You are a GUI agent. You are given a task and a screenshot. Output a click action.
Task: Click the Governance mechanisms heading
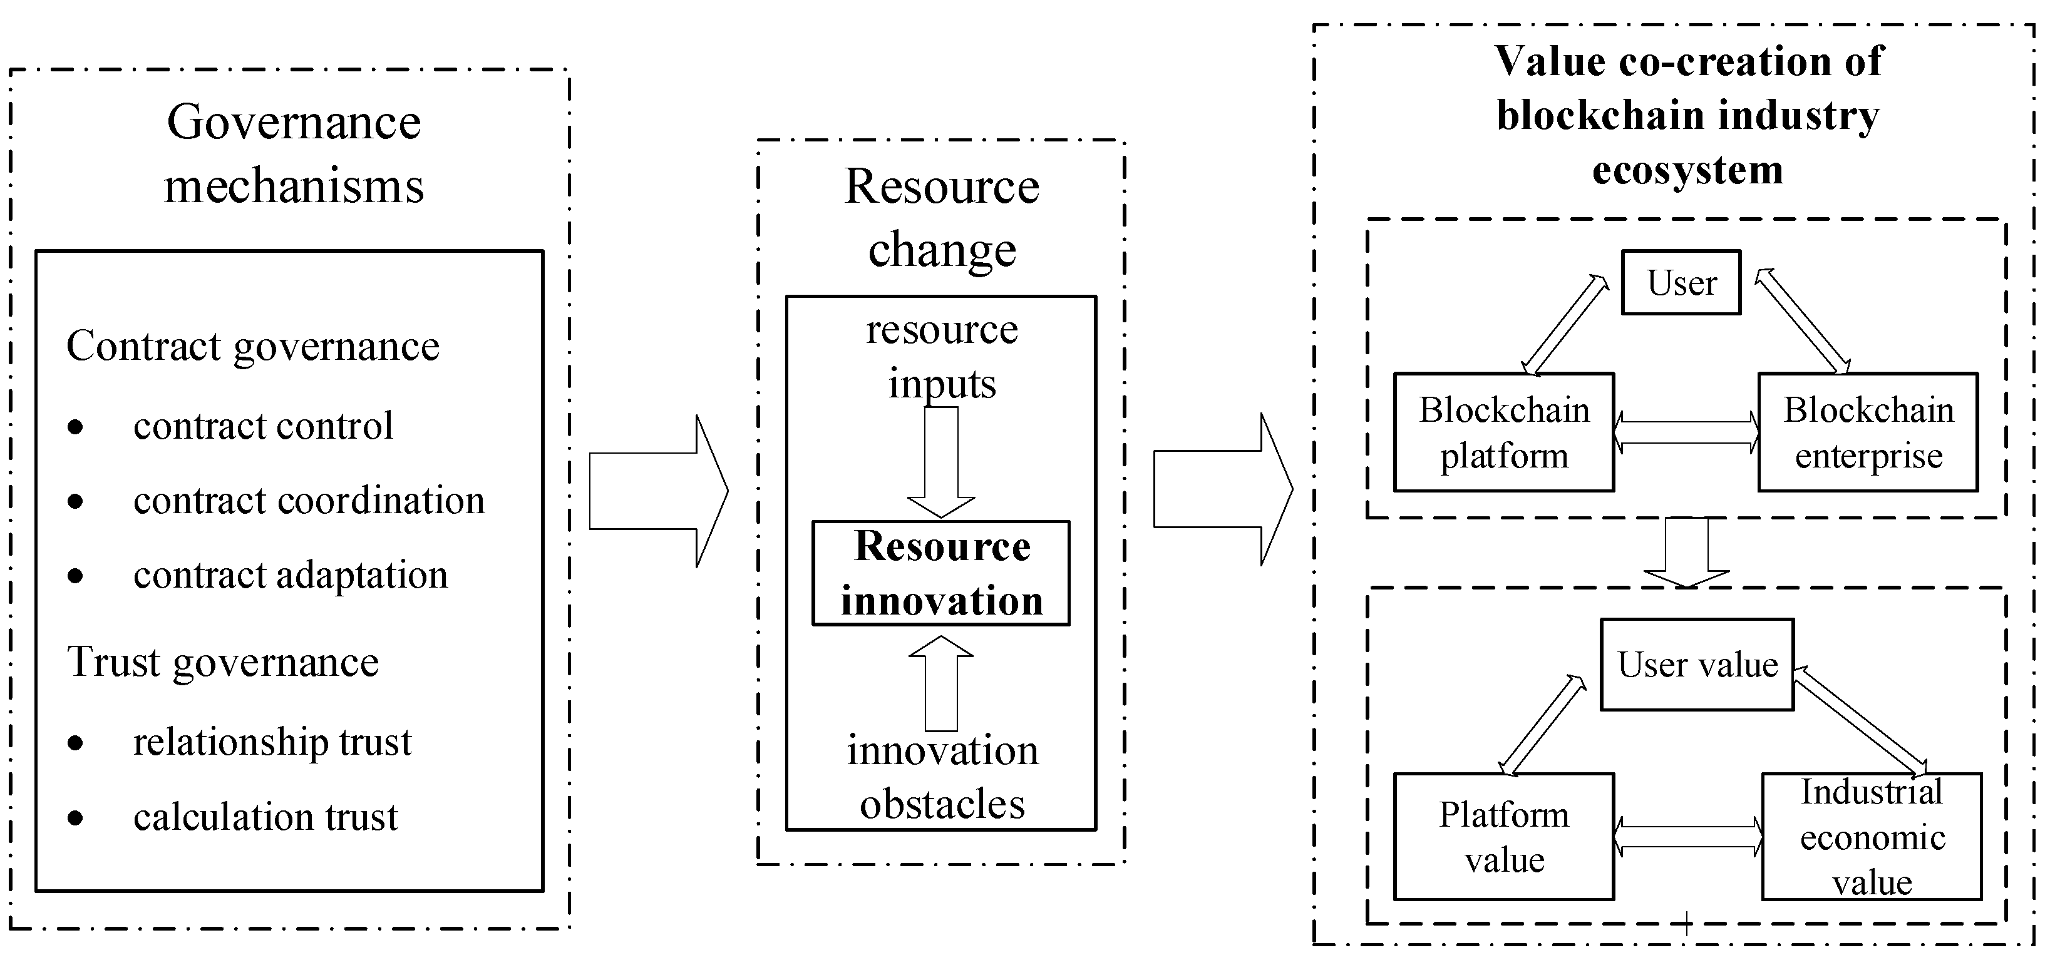click(294, 153)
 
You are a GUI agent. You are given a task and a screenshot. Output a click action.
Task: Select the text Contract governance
click(253, 346)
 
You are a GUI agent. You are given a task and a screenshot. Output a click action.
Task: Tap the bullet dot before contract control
click(76, 427)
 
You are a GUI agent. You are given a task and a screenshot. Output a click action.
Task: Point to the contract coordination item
click(309, 501)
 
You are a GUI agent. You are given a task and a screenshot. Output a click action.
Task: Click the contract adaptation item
click(291, 575)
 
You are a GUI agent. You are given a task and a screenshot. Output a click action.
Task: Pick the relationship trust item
click(272, 742)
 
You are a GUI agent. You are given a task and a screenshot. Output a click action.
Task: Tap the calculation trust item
click(265, 817)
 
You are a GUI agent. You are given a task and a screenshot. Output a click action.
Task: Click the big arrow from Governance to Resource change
click(657, 491)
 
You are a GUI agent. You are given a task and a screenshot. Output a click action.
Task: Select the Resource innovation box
click(940, 573)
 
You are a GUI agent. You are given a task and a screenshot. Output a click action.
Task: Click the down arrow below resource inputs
click(940, 462)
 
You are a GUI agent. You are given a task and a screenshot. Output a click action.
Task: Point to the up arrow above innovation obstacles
click(940, 683)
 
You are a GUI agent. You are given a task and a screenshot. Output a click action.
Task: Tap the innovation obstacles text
click(942, 777)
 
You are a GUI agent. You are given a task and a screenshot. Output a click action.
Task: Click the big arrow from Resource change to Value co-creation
click(1222, 489)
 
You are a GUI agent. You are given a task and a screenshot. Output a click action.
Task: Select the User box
click(1681, 283)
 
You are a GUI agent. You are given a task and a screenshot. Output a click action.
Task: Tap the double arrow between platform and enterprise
click(1686, 432)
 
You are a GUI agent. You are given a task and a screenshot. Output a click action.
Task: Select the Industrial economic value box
click(1872, 837)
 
